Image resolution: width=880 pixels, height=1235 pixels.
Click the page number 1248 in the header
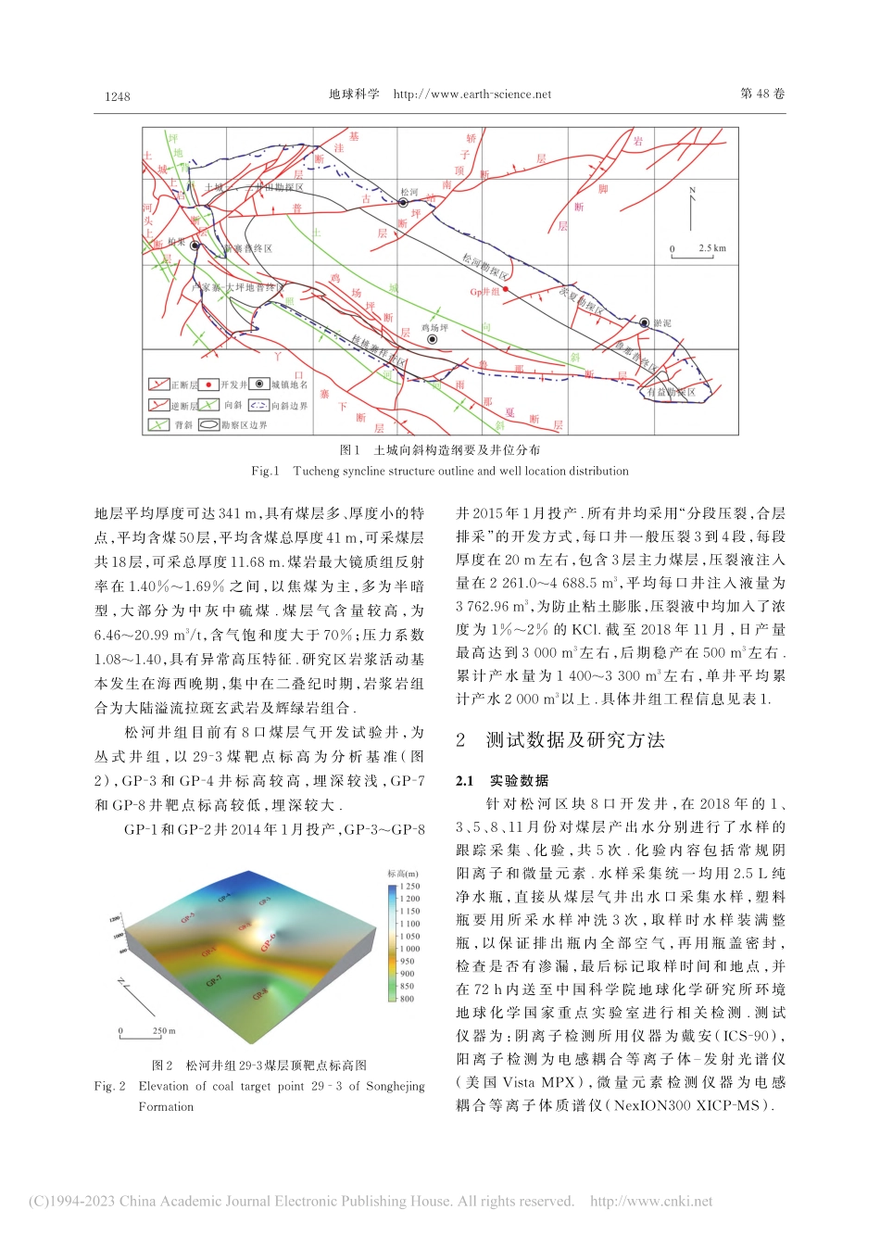point(118,95)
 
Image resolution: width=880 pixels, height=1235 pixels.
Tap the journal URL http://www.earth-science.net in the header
point(471,95)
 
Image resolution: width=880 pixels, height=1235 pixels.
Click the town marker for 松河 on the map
point(404,203)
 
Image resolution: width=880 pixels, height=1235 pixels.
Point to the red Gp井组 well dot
point(505,290)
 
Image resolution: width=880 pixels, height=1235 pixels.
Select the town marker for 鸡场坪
point(432,340)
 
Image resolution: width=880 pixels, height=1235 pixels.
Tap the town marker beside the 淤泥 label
point(644,322)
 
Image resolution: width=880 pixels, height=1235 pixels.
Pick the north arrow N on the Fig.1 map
point(692,192)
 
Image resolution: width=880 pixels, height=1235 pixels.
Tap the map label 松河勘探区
point(484,268)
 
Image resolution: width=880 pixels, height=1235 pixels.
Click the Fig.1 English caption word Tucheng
point(317,471)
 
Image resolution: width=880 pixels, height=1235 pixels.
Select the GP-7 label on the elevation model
point(213,980)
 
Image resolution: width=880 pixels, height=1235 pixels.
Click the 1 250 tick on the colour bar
point(409,887)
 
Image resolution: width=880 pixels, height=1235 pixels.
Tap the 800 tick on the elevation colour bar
point(407,999)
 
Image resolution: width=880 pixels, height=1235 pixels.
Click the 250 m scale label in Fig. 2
point(163,1030)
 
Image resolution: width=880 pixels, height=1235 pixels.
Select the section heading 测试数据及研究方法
point(574,739)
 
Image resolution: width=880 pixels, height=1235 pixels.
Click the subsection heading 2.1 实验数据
point(503,781)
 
